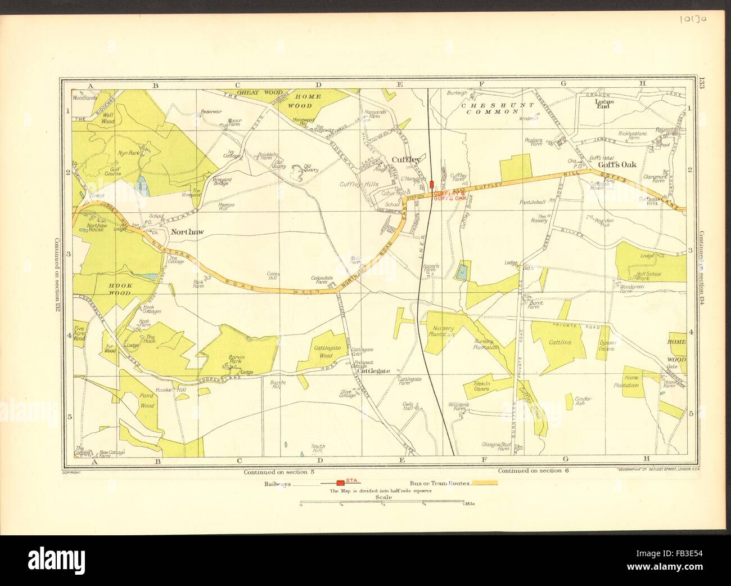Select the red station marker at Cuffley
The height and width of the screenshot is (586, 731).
point(432,184)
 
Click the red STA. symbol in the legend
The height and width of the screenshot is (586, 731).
point(340,482)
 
